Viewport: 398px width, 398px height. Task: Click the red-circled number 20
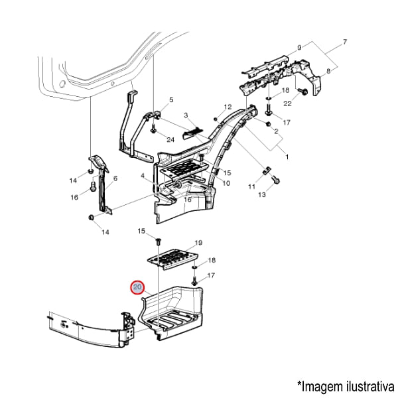point(137,288)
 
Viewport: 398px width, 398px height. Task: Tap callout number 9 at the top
point(299,47)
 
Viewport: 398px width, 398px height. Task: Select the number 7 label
point(345,42)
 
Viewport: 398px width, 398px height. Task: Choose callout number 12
point(228,107)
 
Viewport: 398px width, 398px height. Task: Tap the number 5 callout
point(170,100)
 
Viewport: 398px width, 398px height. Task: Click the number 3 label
point(186,115)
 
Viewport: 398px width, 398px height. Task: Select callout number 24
point(170,140)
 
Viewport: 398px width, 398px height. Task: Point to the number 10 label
point(226,183)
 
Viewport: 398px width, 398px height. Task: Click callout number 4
point(142,175)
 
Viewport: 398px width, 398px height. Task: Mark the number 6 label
point(115,178)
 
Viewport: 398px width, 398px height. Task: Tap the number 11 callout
point(251,188)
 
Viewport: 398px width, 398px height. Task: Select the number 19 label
point(198,243)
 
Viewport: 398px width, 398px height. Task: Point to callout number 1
point(287,157)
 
